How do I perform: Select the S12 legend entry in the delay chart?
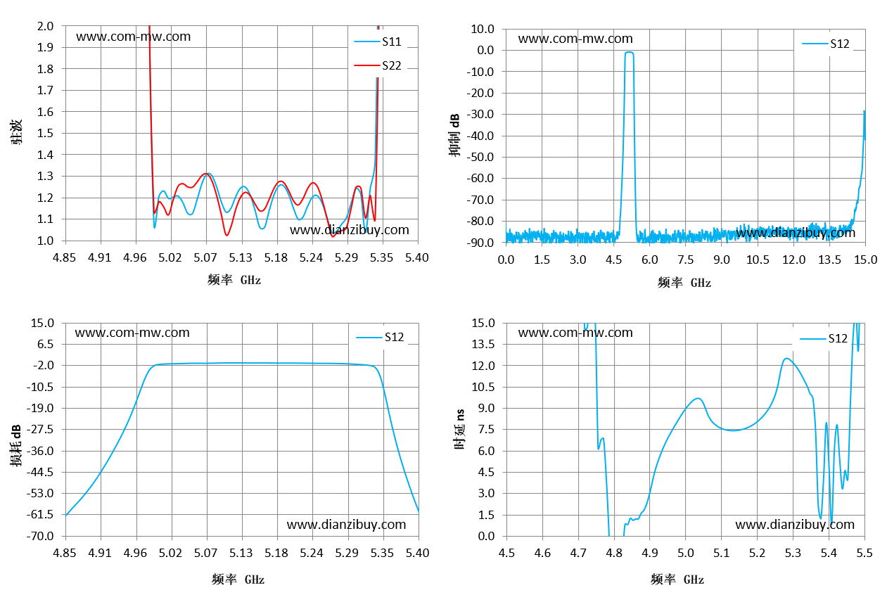pyautogui.click(x=824, y=338)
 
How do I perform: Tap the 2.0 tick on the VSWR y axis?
pyautogui.click(x=45, y=26)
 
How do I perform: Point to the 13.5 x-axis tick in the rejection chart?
pyautogui.click(x=829, y=260)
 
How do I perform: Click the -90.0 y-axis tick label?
pyautogui.click(x=480, y=242)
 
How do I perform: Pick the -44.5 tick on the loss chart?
pyautogui.click(x=39, y=472)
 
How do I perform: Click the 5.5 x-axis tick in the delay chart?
pyautogui.click(x=864, y=553)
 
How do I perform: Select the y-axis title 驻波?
pyautogui.click(x=16, y=132)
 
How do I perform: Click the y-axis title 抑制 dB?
pyautogui.click(x=454, y=135)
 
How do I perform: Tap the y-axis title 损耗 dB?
pyautogui.click(x=15, y=445)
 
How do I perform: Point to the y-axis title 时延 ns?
pyautogui.click(x=459, y=430)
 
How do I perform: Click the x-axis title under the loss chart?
pyautogui.click(x=238, y=579)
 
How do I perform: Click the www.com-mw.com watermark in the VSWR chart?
pyautogui.click(x=134, y=37)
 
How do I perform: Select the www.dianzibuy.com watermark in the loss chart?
pyautogui.click(x=347, y=525)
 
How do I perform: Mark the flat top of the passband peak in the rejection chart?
pyautogui.click(x=630, y=52)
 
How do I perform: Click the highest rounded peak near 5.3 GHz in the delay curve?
pyautogui.click(x=787, y=359)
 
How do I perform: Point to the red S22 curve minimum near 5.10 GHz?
pyautogui.click(x=227, y=235)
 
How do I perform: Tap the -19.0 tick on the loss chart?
pyautogui.click(x=39, y=408)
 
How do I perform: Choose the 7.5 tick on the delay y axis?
pyautogui.click(x=486, y=429)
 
